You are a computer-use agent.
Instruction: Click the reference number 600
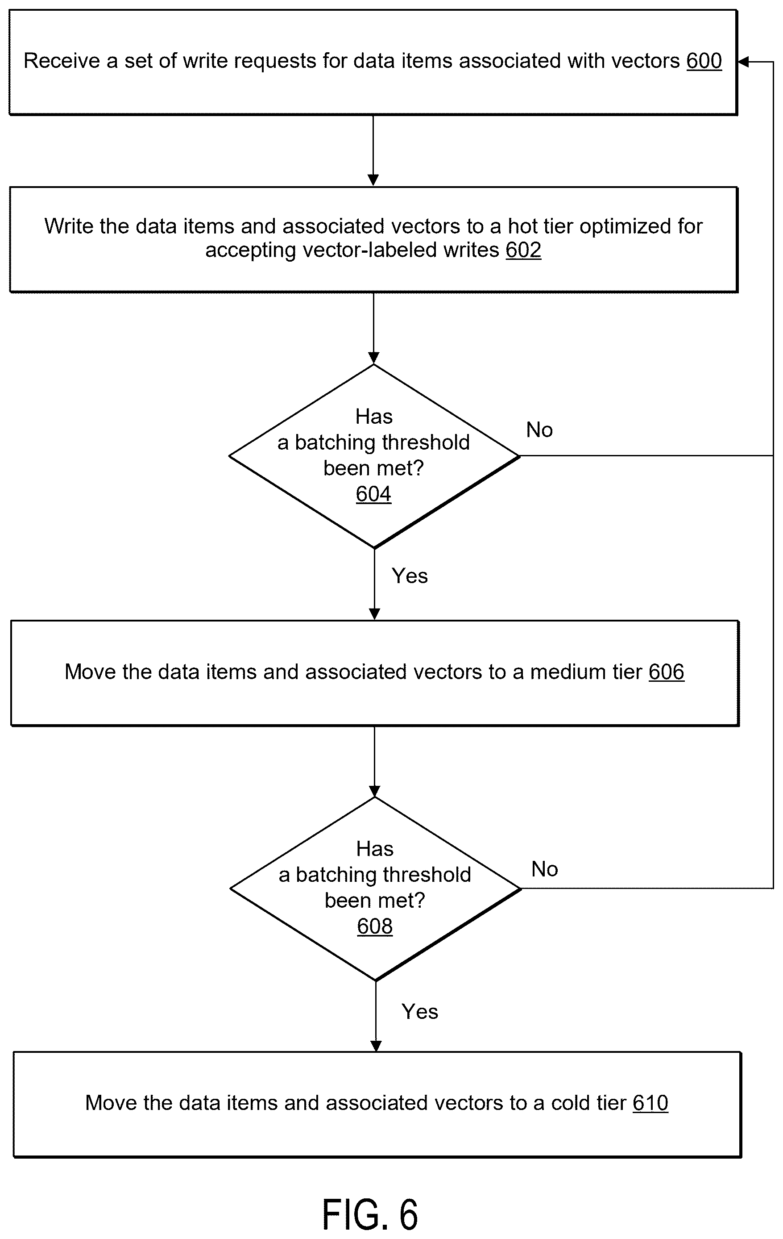(x=704, y=61)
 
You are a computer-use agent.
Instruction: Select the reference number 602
(x=523, y=250)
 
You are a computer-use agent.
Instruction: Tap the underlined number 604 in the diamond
(x=374, y=494)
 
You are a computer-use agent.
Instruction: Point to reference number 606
(x=666, y=672)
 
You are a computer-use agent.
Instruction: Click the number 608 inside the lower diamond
(x=375, y=926)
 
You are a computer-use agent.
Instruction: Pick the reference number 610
(x=650, y=1103)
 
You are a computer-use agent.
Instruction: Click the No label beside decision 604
(x=539, y=430)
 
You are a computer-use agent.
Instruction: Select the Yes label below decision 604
(x=410, y=576)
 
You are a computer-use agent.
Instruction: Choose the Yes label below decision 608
(x=420, y=1012)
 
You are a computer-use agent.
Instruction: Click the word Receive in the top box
(x=62, y=61)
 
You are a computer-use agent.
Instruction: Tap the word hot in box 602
(x=523, y=226)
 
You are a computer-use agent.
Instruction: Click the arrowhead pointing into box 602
(x=374, y=180)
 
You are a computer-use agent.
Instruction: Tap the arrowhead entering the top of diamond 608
(x=375, y=791)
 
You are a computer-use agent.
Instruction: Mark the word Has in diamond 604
(x=374, y=416)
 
